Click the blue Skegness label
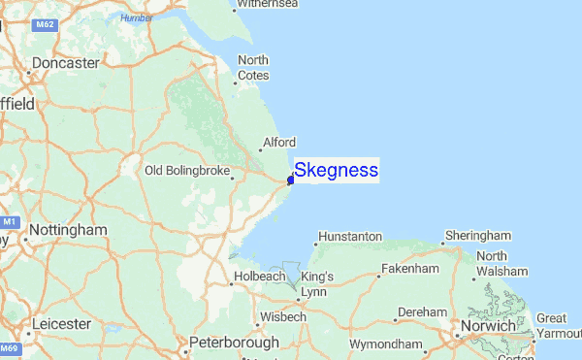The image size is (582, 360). click(336, 171)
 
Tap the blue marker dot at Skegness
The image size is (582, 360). click(290, 180)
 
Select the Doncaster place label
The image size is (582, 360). click(65, 63)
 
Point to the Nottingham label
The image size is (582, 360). click(68, 231)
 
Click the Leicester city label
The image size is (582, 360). click(61, 323)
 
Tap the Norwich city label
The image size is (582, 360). click(490, 326)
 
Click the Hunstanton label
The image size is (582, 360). click(350, 236)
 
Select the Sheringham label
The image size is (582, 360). click(477, 236)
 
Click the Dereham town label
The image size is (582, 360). click(422, 312)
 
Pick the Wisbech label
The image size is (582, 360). click(282, 316)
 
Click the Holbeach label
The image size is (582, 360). click(260, 277)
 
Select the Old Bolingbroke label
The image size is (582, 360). click(187, 171)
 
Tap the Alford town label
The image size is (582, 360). click(278, 143)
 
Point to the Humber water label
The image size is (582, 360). click(138, 17)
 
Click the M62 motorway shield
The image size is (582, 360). click(46, 23)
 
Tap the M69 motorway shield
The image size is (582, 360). click(9, 347)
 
